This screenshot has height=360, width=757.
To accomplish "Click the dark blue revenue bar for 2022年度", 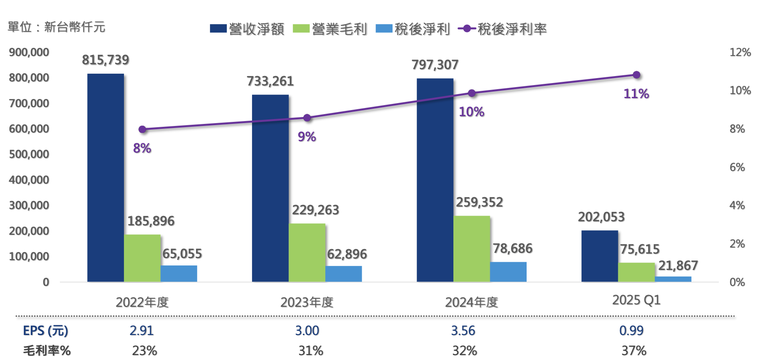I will pos(106,178).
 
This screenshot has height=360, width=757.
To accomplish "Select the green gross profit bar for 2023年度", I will pos(307,253).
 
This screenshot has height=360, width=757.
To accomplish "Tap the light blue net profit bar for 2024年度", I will pos(508,272).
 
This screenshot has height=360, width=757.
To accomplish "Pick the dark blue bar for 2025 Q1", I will pos(599,256).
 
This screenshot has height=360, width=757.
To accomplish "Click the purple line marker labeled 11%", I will pos(636,75).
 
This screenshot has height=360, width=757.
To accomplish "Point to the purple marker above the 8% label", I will pos(142,129).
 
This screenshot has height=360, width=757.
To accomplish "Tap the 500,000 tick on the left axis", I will pos(29,154).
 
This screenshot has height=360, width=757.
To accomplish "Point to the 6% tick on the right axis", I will pos(737,167).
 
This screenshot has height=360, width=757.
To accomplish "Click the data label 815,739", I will pos(106,60).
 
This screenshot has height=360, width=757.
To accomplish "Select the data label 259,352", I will pos(480,202).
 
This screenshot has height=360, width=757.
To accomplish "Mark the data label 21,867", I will pos(678,266).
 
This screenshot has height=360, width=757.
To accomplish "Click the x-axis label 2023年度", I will pos(307,302).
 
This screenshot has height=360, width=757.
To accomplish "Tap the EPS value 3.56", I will pos(463,331).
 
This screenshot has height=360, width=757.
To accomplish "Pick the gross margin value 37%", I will pos(634,351).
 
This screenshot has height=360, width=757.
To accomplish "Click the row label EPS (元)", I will pos(45,331).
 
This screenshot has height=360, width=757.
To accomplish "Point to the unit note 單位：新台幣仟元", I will pos(56,27).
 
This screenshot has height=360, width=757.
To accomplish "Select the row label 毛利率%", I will pos(47,351).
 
